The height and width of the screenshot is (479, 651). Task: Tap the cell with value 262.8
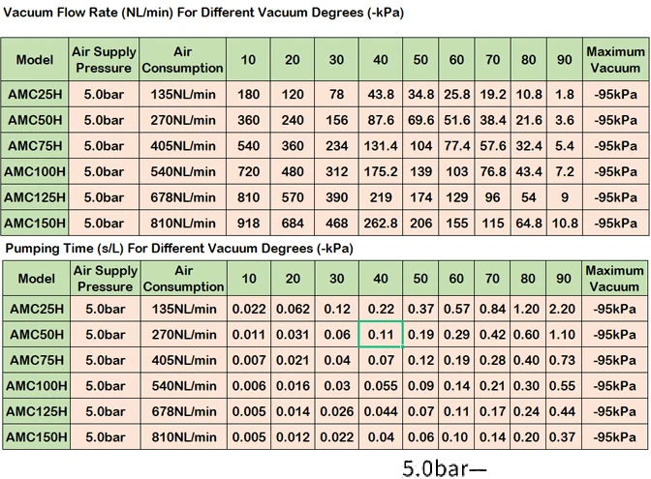381,223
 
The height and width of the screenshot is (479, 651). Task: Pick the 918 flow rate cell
248,223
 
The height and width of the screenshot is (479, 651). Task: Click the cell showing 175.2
381,171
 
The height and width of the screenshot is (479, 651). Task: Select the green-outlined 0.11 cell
381,334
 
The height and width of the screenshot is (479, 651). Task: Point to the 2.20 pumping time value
563,309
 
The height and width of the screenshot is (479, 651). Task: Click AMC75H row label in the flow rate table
36,146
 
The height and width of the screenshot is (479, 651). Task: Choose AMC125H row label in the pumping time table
36,410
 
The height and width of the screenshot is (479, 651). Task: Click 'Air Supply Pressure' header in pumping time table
106,279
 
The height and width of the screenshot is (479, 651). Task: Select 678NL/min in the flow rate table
183,197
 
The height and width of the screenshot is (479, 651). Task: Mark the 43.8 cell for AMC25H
381,95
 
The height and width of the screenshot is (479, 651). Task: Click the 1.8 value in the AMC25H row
563,95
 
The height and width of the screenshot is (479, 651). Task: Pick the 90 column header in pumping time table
563,279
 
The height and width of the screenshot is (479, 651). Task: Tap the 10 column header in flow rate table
248,60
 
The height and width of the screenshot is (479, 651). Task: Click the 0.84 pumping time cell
493,309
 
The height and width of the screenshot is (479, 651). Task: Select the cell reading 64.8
529,223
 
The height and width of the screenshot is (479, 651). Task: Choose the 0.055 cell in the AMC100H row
381,385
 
